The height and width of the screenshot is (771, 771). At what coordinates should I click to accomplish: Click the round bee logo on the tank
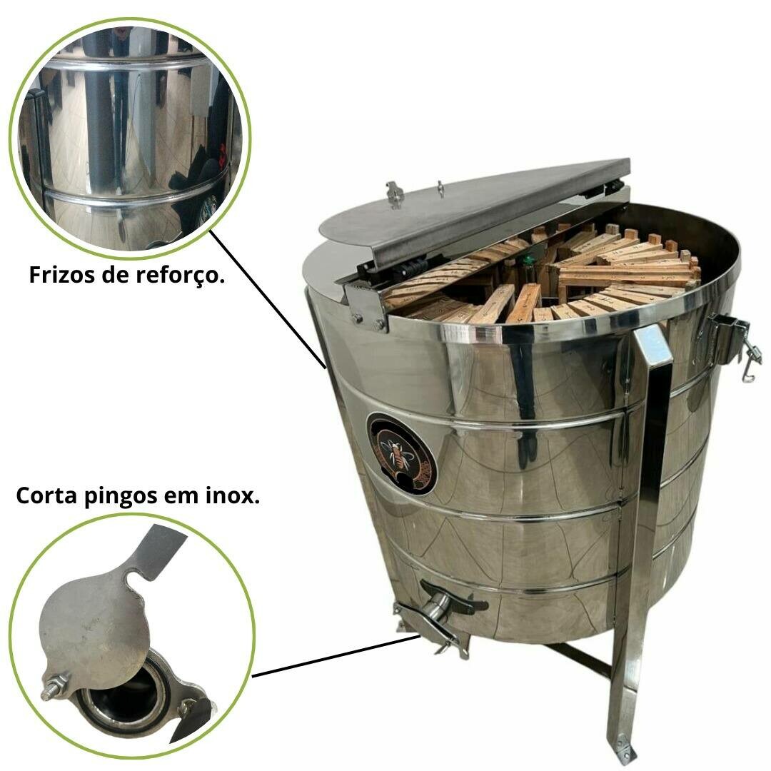pyautogui.click(x=402, y=454)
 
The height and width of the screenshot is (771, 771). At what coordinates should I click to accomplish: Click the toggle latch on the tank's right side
pyautogui.click(x=732, y=343)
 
